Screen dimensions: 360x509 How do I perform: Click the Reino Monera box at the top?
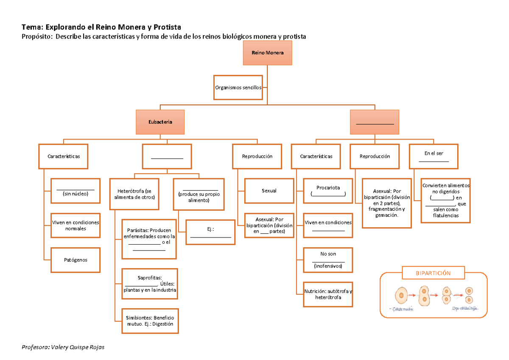[x=267, y=53]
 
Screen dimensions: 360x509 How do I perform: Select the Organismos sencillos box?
[x=238, y=87]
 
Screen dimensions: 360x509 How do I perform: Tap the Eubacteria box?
[x=160, y=122]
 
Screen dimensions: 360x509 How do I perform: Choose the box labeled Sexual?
[x=269, y=190]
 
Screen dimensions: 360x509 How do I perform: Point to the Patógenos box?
[x=76, y=260]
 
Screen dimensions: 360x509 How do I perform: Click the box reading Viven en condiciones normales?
[x=76, y=225]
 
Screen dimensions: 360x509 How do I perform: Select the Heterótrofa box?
[x=134, y=194]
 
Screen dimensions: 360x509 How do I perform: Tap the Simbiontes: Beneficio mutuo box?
[x=150, y=321]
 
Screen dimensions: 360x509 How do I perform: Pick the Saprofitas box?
[x=150, y=284]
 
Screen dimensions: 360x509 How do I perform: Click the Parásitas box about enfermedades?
[x=149, y=239]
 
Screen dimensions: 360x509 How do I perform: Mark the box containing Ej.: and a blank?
[x=210, y=232]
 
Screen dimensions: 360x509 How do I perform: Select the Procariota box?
[x=328, y=190]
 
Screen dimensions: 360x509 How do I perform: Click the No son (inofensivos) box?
[x=328, y=260]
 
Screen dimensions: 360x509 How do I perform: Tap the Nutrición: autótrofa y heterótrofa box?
[x=328, y=294]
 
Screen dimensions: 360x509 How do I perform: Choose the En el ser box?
[x=433, y=156]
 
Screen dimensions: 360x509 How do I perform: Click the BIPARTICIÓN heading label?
[x=433, y=273]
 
